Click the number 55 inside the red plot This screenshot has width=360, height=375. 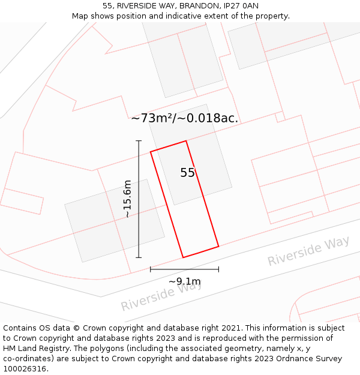(x=188, y=173)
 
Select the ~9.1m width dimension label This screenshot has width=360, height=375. (x=184, y=281)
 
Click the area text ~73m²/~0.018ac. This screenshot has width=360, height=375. (x=185, y=118)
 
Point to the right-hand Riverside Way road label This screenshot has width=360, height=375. (x=308, y=251)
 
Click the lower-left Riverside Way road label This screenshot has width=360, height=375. (x=161, y=295)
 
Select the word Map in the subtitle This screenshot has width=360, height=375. (x=81, y=16)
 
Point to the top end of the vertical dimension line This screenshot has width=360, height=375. (x=139, y=141)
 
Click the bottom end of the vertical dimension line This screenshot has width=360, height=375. (x=139, y=257)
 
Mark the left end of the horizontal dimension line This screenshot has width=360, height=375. (x=151, y=269)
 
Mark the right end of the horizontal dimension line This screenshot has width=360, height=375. (x=218, y=269)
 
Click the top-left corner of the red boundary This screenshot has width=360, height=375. (x=151, y=152)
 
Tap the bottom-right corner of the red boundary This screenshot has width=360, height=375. (x=218, y=246)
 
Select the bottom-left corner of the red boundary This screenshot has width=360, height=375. (x=183, y=257)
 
